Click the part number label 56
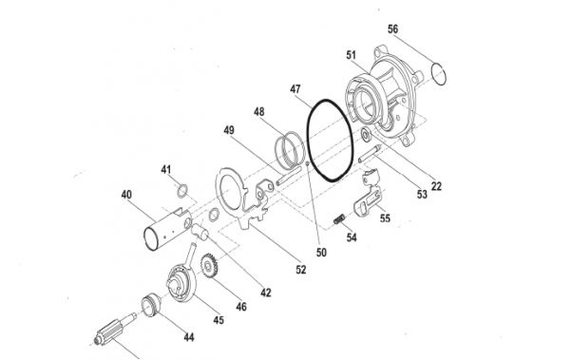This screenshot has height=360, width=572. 392,29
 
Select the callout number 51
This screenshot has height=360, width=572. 351,55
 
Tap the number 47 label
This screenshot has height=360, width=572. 296,89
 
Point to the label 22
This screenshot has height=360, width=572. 436,186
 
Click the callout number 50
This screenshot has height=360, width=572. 321,252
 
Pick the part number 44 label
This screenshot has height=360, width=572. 188,337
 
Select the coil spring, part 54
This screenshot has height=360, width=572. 339,218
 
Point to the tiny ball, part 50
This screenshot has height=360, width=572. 308,163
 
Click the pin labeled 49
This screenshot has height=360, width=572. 289,176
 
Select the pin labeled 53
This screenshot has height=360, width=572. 370,154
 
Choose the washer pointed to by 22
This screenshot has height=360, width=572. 365,135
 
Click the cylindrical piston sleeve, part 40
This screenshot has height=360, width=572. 168,229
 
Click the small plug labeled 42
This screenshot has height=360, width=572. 200,231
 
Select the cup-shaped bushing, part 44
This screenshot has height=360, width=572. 151,305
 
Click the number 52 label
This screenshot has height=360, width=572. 301,270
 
